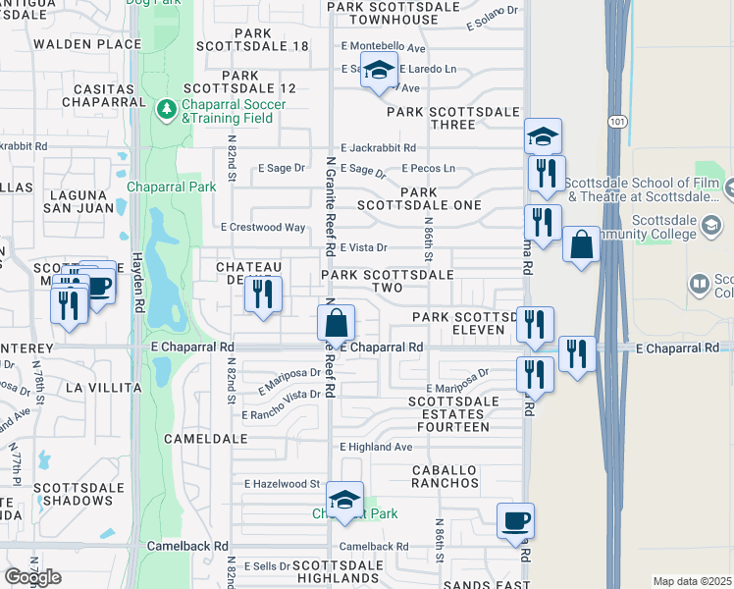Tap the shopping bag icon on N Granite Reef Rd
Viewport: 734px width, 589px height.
(x=336, y=321)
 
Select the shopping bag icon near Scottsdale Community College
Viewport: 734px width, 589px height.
(x=582, y=243)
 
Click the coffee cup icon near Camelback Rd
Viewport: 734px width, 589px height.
(x=515, y=519)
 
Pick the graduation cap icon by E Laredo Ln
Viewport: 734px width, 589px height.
(x=379, y=72)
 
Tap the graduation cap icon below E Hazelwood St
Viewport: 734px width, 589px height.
(x=344, y=500)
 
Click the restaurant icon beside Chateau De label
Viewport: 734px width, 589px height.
(x=263, y=294)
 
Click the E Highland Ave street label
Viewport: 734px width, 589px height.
(x=376, y=447)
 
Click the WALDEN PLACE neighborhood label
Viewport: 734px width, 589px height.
(x=87, y=44)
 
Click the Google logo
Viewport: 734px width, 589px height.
(x=32, y=577)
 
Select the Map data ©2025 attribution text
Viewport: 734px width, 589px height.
(x=692, y=581)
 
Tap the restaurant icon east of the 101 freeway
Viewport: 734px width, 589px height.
(x=577, y=353)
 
